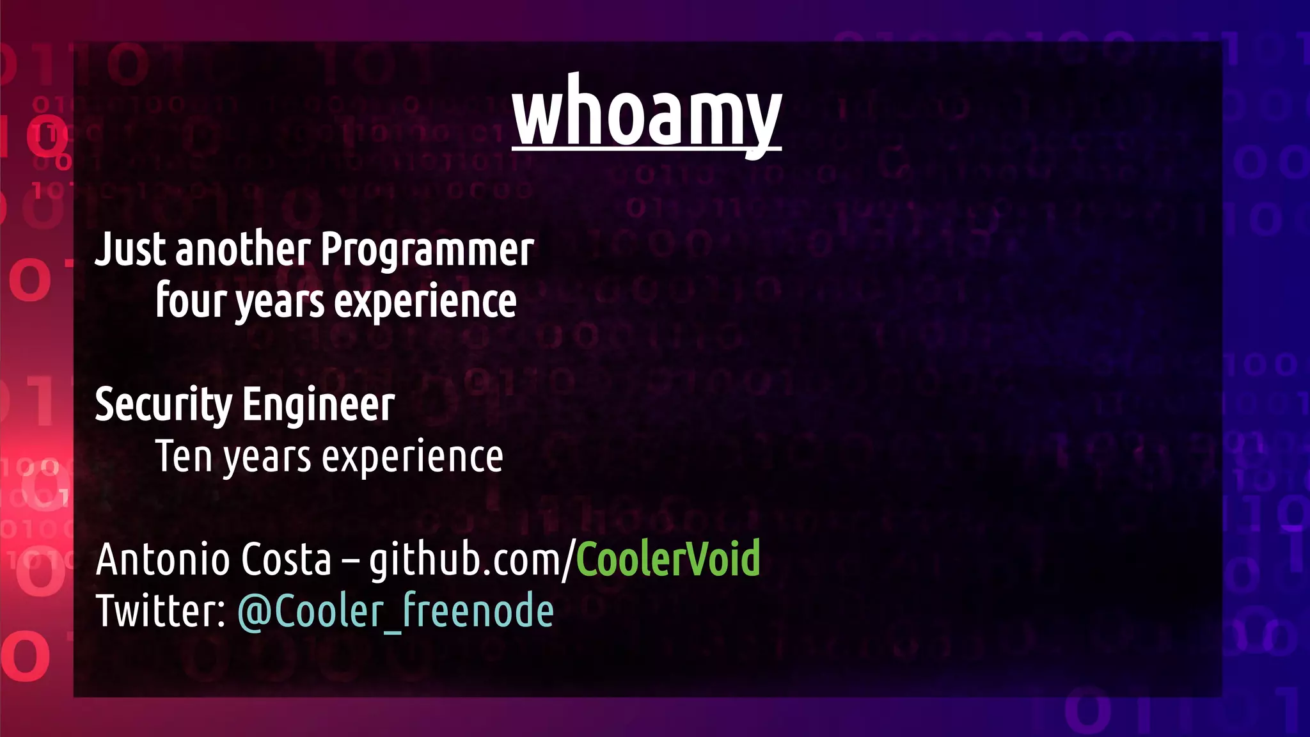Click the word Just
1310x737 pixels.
point(130,249)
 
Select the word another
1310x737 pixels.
point(243,249)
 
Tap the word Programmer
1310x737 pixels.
point(427,250)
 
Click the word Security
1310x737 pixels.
point(163,405)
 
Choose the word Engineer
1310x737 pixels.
point(318,405)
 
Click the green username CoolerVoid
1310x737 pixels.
point(668,559)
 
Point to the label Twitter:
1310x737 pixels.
point(161,610)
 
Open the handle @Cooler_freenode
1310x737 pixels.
point(395,612)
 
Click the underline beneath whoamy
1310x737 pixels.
point(646,150)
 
